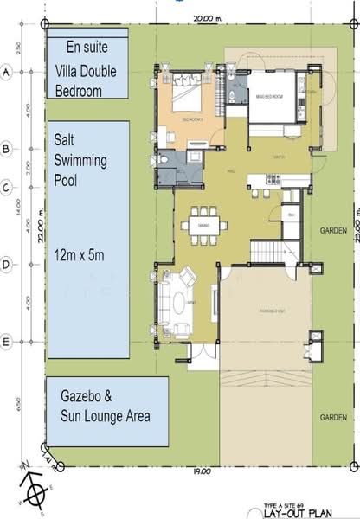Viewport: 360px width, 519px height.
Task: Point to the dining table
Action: tap(204, 226)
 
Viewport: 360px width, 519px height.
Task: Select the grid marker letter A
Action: tap(7, 74)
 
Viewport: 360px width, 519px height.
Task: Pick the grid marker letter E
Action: tap(7, 342)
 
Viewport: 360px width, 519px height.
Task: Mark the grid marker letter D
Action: tap(7, 265)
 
